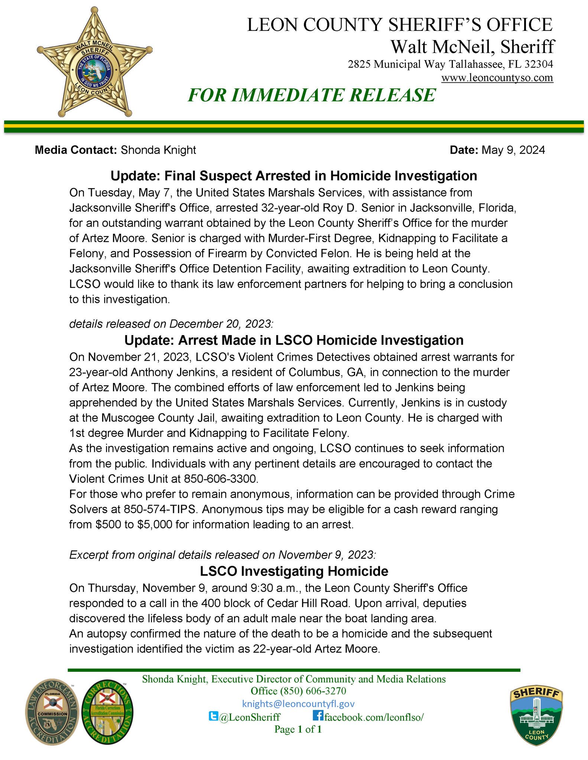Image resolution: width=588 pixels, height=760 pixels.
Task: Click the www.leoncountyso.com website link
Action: click(497, 78)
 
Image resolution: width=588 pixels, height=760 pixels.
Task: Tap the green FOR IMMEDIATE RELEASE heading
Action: click(311, 95)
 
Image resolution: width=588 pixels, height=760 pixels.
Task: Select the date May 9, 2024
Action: click(513, 150)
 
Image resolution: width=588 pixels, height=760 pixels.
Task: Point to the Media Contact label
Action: click(75, 150)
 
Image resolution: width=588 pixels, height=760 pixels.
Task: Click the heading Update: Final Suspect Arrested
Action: click(293, 176)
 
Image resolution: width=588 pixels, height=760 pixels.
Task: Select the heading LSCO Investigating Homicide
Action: click(294, 571)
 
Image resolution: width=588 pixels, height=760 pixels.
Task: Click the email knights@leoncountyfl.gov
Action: click(298, 704)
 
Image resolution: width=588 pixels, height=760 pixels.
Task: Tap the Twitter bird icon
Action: click(213, 716)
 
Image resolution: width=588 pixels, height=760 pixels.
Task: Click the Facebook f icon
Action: click(318, 715)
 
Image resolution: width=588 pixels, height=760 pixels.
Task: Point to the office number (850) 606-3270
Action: click(298, 691)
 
